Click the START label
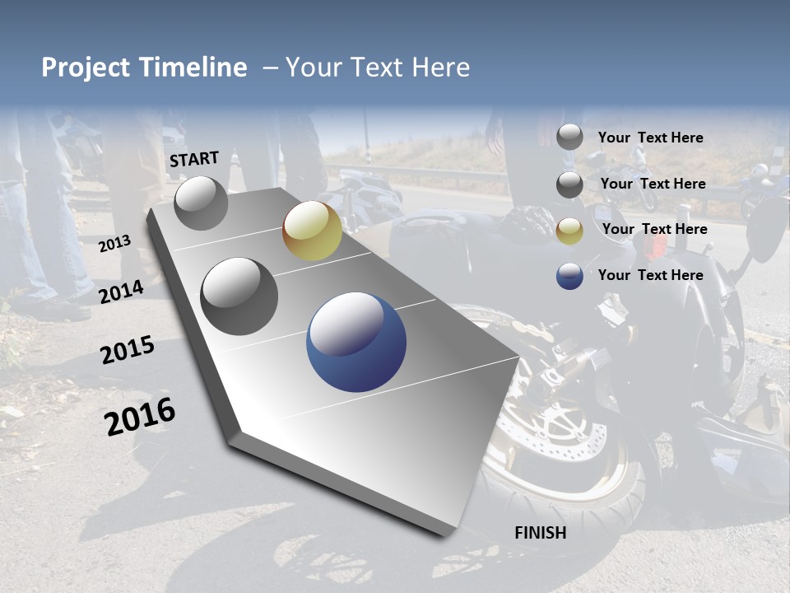click(x=194, y=159)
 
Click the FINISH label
click(x=541, y=533)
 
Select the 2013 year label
click(x=114, y=244)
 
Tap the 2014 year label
click(x=121, y=292)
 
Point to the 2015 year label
click(x=127, y=350)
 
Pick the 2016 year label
click(x=140, y=417)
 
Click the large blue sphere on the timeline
click(x=356, y=343)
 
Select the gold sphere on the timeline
click(x=312, y=231)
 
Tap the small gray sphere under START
click(x=202, y=203)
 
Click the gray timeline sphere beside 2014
click(x=239, y=296)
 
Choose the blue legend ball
click(x=569, y=276)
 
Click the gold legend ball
click(x=569, y=231)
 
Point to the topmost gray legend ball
click(x=569, y=137)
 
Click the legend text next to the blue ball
click(x=650, y=275)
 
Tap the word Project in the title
click(x=85, y=68)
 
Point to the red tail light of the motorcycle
click(x=655, y=246)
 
